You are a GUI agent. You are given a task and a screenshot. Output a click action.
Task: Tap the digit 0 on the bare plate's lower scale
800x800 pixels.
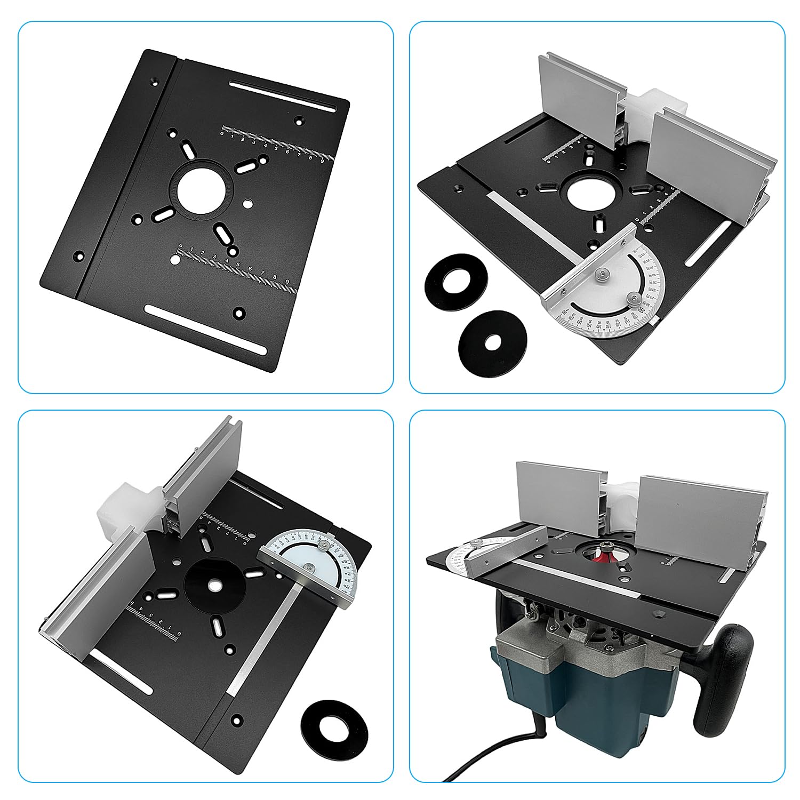click(181, 246)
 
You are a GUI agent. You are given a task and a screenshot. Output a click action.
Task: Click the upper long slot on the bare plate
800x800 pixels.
click(283, 95)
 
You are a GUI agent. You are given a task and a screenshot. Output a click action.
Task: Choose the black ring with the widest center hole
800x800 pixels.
click(457, 278)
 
